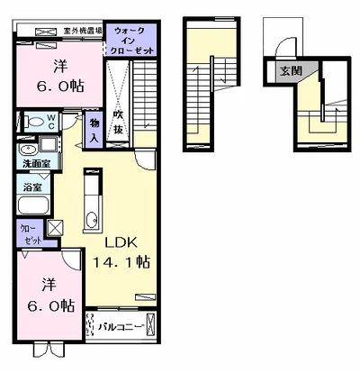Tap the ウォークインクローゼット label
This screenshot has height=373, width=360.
point(130,41)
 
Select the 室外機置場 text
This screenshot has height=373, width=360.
point(83,30)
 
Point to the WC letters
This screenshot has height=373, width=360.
point(51,121)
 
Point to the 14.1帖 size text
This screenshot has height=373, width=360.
point(120,262)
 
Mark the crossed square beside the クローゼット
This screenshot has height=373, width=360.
point(55,230)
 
